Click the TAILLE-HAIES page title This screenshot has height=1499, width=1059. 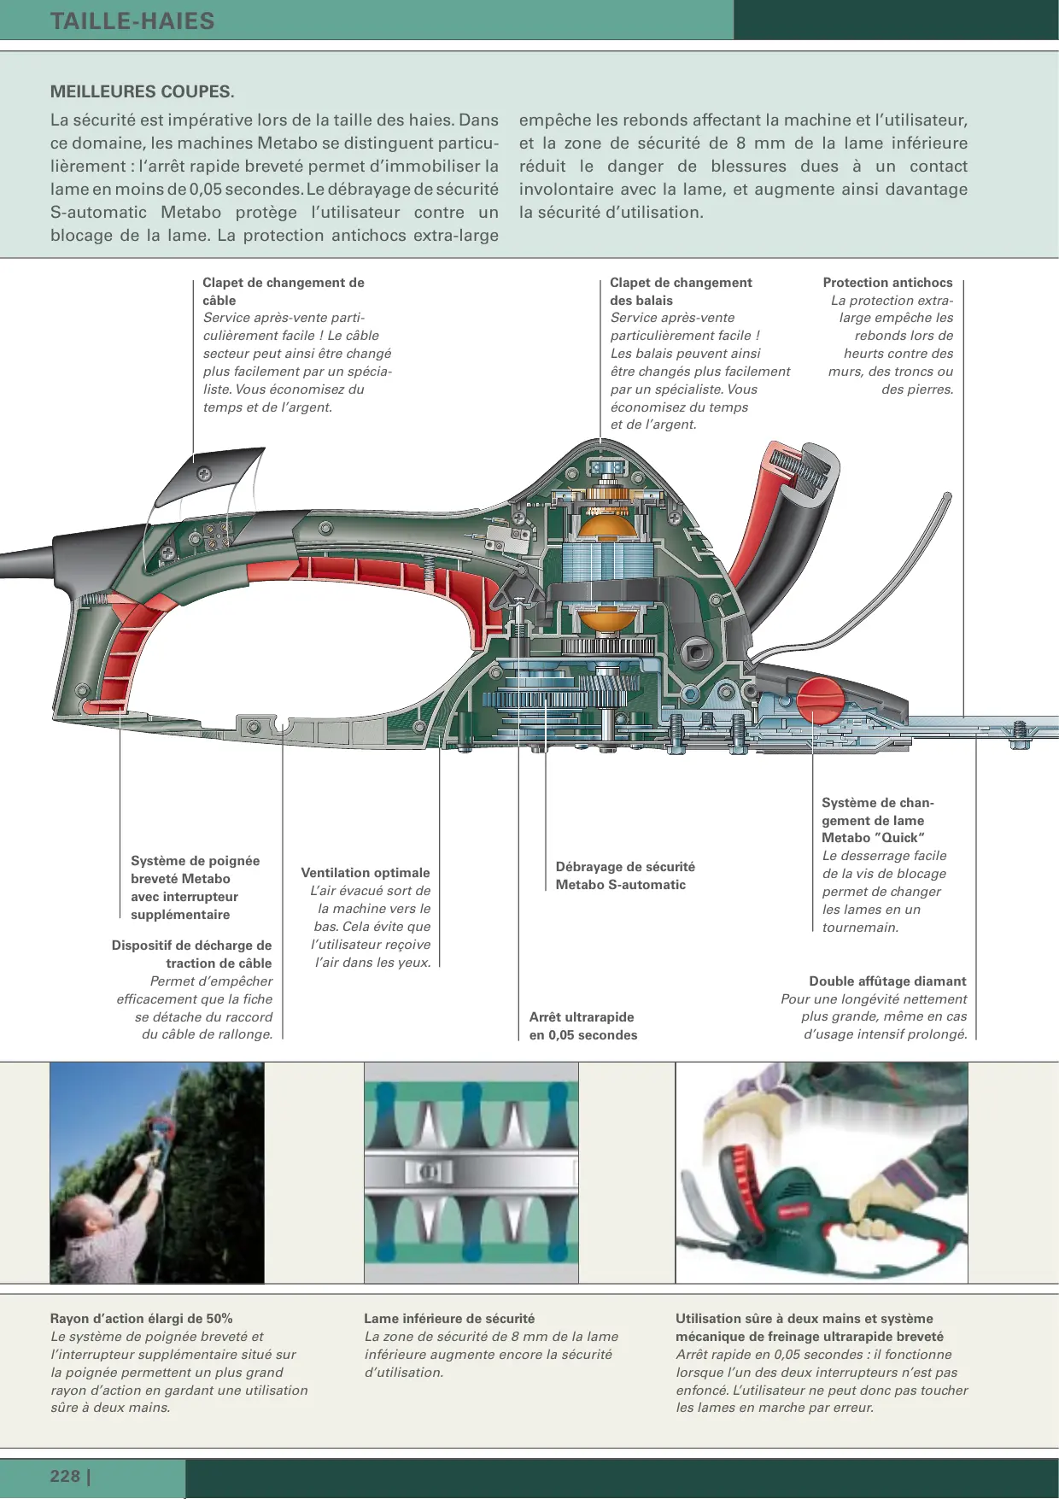(x=132, y=20)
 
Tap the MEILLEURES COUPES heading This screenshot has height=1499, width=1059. (x=142, y=91)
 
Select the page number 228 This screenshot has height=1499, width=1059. (x=66, y=1476)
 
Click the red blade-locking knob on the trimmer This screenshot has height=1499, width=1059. (x=821, y=700)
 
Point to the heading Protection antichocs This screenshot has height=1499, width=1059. (x=887, y=283)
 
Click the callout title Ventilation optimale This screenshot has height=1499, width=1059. (x=366, y=873)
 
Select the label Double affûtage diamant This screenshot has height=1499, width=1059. (x=887, y=981)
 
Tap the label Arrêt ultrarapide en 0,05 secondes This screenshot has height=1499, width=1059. (x=583, y=1026)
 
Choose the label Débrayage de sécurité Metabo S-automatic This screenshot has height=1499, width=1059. (x=624, y=875)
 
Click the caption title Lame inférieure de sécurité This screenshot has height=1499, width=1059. (x=449, y=1319)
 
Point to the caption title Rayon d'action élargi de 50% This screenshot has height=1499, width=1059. (x=142, y=1319)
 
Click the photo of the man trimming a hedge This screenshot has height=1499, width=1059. (x=157, y=1173)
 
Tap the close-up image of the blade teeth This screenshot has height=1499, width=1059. (x=471, y=1173)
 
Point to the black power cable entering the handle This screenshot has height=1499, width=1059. (x=26, y=564)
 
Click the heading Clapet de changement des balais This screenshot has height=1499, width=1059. (x=681, y=291)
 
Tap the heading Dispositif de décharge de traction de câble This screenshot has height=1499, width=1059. (x=192, y=954)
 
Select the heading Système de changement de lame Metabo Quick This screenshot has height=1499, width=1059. (x=877, y=820)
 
